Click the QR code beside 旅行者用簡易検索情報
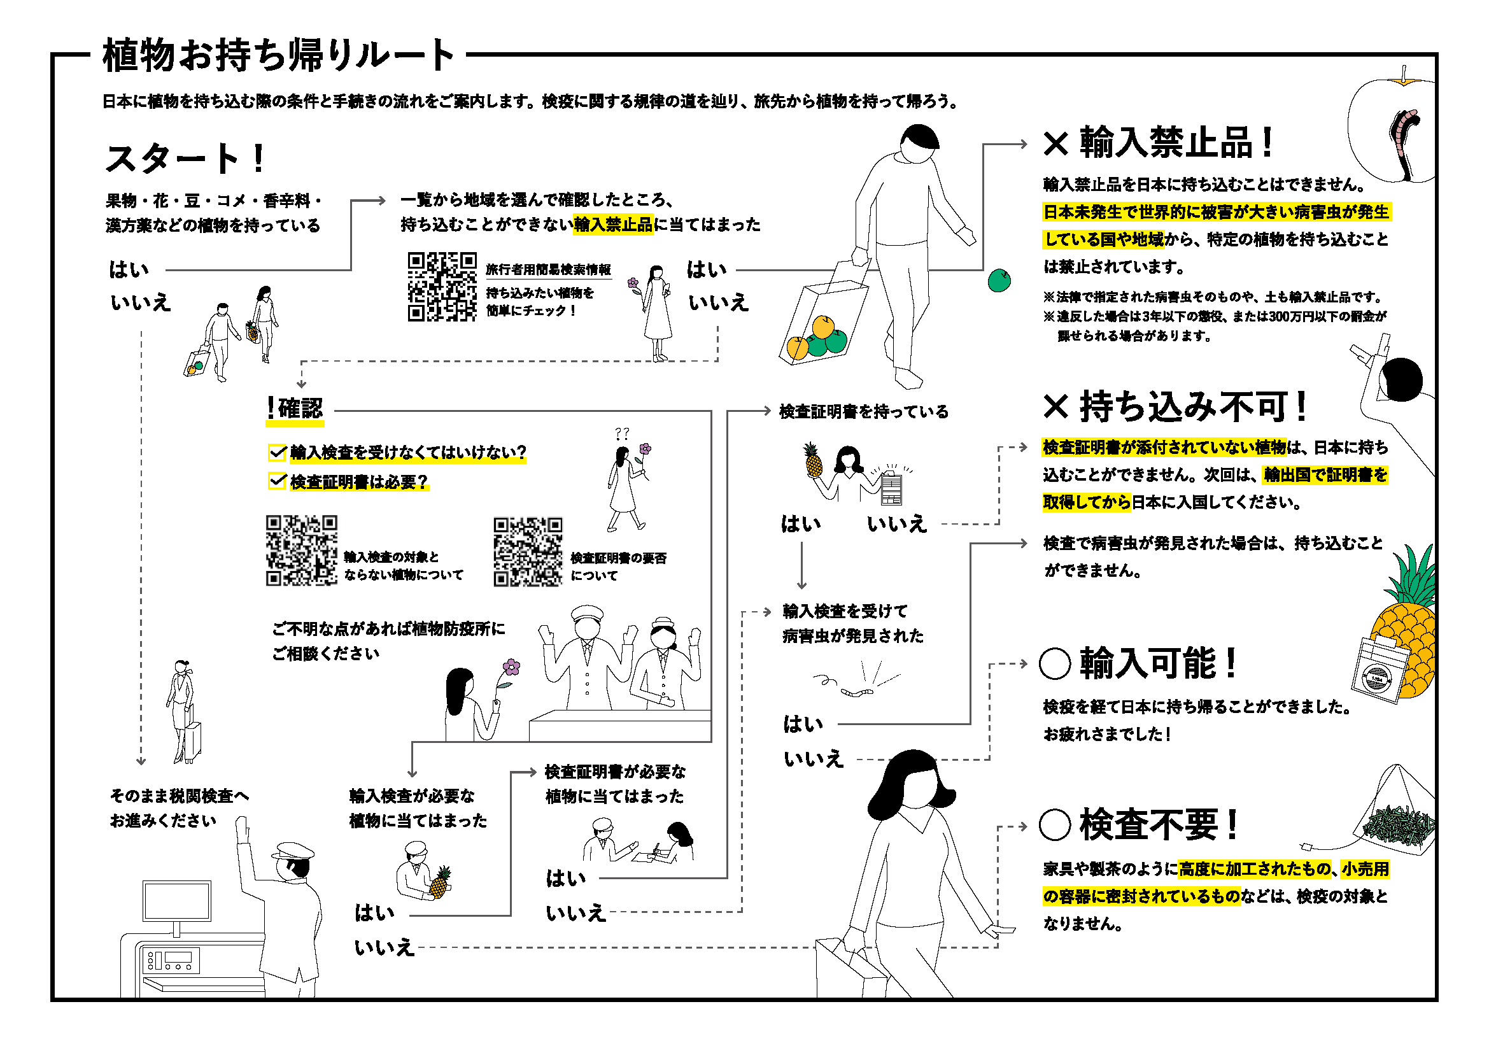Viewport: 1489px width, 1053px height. [x=442, y=286]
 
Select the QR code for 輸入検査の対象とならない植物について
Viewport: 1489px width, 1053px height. [x=301, y=551]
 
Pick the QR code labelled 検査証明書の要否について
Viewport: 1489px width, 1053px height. [x=528, y=552]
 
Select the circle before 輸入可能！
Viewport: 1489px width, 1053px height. [x=1054, y=663]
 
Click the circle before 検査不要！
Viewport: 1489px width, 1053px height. [x=1054, y=824]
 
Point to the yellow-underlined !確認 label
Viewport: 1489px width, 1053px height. [x=295, y=409]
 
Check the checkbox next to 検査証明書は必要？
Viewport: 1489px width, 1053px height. [x=277, y=481]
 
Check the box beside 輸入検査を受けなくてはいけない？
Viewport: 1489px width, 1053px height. [x=277, y=451]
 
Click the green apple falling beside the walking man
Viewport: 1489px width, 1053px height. [x=999, y=281]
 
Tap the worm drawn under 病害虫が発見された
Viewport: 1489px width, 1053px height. [x=856, y=692]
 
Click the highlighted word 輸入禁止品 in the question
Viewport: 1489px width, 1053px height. [x=613, y=224]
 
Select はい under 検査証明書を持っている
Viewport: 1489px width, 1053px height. [x=801, y=523]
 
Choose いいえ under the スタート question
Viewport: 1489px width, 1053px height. [x=140, y=302]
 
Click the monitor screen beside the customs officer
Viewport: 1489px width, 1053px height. [x=176, y=901]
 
